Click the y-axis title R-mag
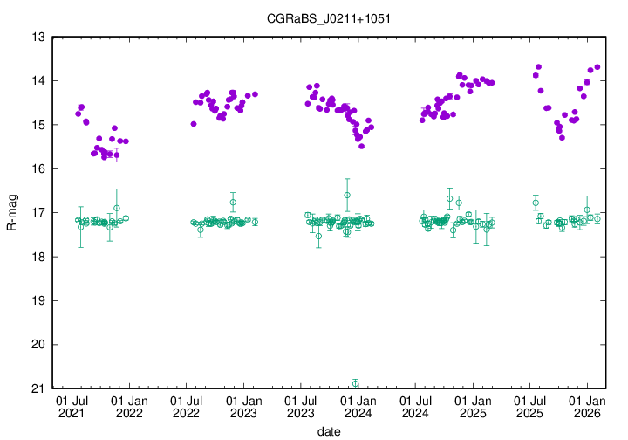[11, 213]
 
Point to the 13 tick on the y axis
[38, 38]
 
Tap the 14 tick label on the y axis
[38, 81]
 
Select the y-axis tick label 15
[38, 125]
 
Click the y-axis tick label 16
[38, 169]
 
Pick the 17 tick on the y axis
[38, 213]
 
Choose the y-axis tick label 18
[38, 257]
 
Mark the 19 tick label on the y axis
[38, 301]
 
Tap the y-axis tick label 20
[38, 345]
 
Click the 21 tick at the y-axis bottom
[38, 388]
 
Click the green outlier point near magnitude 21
[355, 383]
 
